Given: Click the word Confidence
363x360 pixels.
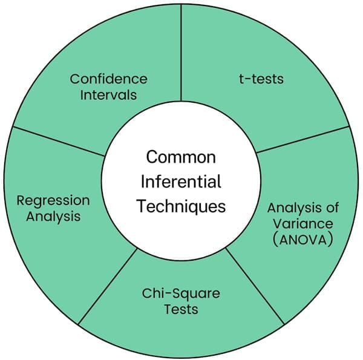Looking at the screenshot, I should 108,79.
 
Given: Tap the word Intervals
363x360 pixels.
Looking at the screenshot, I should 108,95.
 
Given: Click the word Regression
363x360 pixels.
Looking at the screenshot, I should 53,201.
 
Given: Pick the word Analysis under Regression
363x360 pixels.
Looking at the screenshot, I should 53,216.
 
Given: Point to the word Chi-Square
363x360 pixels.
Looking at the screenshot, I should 181,295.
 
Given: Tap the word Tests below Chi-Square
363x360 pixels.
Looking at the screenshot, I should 181,310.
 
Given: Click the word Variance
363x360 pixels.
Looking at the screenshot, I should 302,223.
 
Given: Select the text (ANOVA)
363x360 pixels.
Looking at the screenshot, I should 302,239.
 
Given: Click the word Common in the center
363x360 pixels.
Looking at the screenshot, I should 181,158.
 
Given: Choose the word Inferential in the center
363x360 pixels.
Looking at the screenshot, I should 181,182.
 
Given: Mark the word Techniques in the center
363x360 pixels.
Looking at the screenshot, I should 181,206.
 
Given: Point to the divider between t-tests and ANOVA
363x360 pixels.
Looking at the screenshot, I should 302,140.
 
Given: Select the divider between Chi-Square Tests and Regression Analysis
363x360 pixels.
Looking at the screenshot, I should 109,284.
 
